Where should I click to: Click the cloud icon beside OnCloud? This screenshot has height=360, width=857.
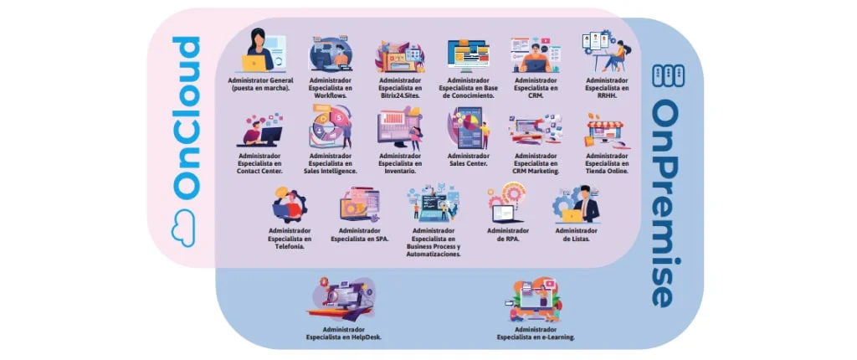click(x=184, y=228)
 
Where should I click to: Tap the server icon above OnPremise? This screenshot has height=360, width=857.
click(x=669, y=75)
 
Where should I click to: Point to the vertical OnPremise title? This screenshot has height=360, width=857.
click(x=669, y=203)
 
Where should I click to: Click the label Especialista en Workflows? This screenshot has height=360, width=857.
click(x=331, y=87)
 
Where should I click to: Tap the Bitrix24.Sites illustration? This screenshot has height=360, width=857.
click(x=400, y=56)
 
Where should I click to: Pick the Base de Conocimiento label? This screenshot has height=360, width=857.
click(x=468, y=87)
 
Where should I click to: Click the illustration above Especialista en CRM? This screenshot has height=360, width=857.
click(x=536, y=54)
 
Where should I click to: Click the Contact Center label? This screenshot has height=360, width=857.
click(x=260, y=163)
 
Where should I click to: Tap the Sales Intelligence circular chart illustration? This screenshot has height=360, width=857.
click(x=331, y=128)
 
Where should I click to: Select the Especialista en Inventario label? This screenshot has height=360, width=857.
click(x=400, y=163)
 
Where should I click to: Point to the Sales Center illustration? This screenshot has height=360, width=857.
click(x=468, y=128)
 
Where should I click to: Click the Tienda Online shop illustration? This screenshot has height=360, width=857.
click(x=607, y=131)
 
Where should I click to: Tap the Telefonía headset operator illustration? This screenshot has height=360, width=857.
click(x=290, y=205)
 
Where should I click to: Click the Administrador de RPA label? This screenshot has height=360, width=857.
click(x=508, y=234)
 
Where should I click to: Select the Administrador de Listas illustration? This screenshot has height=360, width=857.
click(x=576, y=203)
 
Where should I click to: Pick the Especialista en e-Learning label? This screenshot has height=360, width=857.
click(x=536, y=334)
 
